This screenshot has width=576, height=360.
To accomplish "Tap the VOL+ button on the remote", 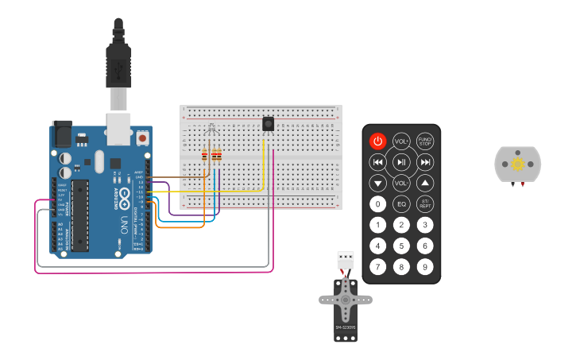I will [401, 141].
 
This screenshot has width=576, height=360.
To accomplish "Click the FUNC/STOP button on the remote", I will [425, 141].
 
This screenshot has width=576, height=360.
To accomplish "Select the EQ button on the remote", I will [401, 203].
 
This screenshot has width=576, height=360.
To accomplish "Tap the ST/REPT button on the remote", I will [425, 203].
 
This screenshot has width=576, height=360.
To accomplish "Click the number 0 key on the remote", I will [378, 203].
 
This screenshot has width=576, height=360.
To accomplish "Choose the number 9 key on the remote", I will [425, 266].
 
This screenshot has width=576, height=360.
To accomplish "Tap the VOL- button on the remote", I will [401, 183].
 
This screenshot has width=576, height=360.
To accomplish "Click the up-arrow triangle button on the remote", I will [425, 183].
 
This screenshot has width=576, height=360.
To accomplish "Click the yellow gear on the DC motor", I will [518, 164].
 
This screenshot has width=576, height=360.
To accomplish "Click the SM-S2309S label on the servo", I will [345, 327].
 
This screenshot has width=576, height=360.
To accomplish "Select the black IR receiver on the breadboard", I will [269, 123].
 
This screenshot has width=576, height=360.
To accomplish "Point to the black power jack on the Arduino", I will [61, 134].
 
